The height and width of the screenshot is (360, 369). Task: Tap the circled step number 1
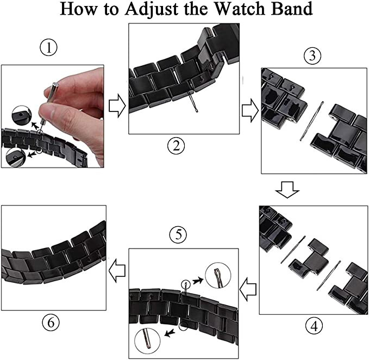pos(48,47)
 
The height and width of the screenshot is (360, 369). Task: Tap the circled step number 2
pos(176,146)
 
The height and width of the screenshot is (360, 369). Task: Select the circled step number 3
pos(312,56)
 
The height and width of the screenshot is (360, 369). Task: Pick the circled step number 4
pos(314,326)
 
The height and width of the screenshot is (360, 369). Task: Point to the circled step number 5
pos(178,234)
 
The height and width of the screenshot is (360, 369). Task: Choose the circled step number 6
pos(51,322)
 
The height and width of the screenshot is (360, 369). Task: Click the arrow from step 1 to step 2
pos(117,106)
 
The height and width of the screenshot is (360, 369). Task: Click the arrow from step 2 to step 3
pos(250,110)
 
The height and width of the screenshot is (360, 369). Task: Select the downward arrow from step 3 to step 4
pos(287,190)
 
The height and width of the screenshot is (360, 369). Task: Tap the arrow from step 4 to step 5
pos(248,289)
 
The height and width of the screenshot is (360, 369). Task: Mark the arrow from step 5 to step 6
pos(117,271)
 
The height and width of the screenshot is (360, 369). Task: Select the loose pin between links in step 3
pos(311,121)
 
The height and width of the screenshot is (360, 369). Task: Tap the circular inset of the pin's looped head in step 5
pos(218,275)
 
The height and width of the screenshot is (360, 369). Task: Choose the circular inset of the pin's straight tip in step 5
pos(147,340)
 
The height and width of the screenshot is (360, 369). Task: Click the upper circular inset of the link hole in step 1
pos(22,115)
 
